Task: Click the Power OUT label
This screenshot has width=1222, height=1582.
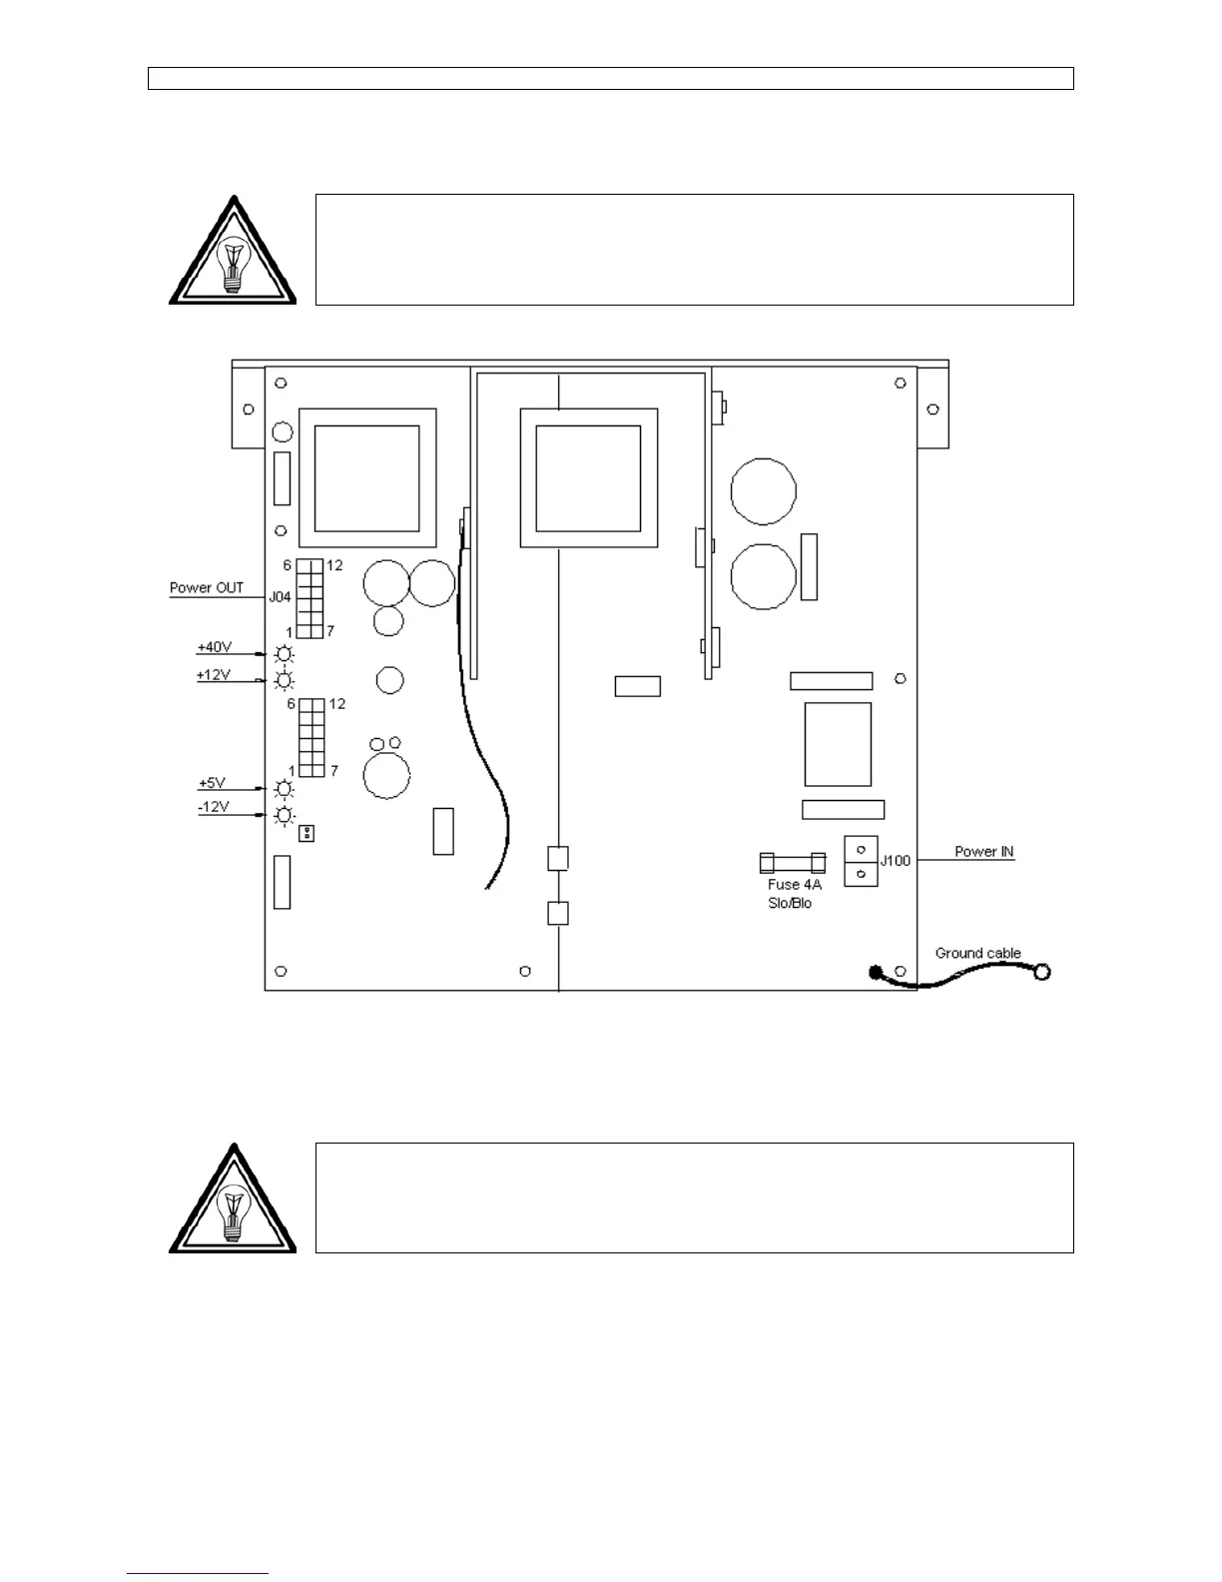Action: (207, 587)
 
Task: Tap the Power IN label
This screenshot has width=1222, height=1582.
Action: (983, 851)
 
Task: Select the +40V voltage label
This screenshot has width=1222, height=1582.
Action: (215, 647)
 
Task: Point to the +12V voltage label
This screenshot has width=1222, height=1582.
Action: (214, 675)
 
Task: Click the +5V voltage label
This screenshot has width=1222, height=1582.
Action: (213, 783)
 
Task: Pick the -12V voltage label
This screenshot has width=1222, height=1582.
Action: (214, 807)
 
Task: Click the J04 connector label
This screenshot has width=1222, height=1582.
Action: (280, 597)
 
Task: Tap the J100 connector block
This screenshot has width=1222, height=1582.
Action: (861, 861)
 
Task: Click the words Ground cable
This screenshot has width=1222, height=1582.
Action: (977, 953)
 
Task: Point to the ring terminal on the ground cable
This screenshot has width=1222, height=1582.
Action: (1042, 971)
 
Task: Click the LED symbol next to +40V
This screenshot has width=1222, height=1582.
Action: (285, 654)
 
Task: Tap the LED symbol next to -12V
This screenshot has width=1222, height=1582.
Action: (285, 816)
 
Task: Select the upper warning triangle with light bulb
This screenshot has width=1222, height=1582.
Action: (233, 253)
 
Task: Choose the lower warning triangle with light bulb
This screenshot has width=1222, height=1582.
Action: (233, 1201)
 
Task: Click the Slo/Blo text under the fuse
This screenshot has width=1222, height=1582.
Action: (790, 903)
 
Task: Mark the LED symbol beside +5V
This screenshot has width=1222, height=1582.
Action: (285, 789)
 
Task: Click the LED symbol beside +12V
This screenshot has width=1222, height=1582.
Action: (285, 681)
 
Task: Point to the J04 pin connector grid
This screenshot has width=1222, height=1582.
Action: (309, 598)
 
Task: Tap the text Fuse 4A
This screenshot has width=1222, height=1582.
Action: (795, 884)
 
